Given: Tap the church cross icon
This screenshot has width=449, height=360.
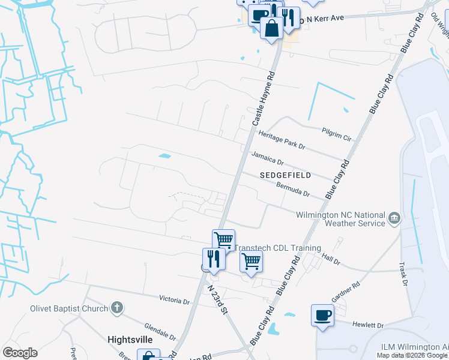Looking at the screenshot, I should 117,309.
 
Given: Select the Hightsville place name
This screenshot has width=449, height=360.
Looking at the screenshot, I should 130,339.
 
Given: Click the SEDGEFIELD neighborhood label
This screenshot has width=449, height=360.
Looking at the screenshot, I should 285,175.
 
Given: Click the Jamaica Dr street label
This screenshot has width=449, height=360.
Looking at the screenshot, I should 267,158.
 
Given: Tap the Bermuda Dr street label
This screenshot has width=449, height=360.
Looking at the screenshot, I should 292,189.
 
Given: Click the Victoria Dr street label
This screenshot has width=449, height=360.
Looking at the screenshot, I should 174,299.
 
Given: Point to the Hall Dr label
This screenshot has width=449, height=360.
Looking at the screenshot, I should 331,261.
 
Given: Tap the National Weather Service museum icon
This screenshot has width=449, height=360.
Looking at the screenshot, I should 394,218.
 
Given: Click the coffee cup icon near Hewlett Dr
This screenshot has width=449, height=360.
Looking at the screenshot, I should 322,315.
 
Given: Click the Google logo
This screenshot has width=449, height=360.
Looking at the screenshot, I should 20,353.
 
